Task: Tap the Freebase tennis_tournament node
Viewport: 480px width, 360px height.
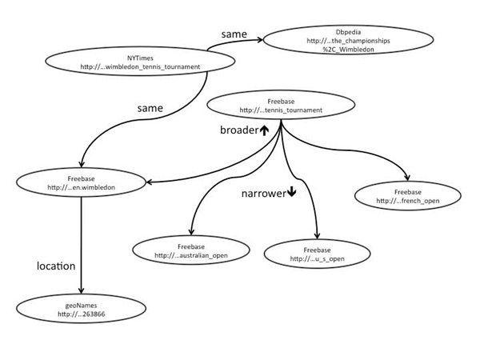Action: (x=280, y=106)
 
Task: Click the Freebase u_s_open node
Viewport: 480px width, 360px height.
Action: (x=318, y=254)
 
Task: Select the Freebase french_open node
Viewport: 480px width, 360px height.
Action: (x=409, y=195)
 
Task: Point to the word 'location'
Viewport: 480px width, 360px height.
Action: (x=56, y=265)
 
